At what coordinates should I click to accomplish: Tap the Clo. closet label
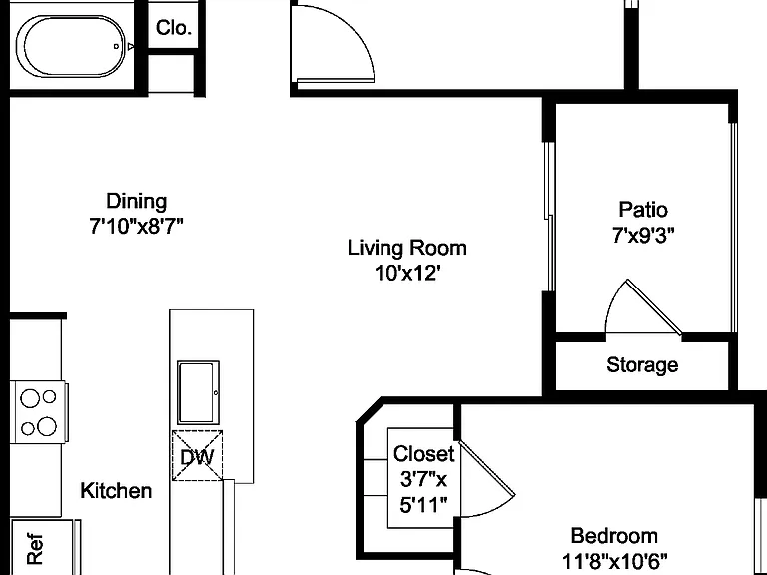tap(173, 28)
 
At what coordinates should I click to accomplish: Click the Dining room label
tap(137, 201)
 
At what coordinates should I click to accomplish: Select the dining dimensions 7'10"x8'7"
tap(136, 226)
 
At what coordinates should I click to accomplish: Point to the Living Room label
tap(407, 248)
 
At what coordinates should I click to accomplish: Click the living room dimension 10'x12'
tap(405, 273)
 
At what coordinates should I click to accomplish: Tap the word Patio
tap(643, 210)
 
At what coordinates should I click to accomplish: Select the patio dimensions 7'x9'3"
tap(643, 236)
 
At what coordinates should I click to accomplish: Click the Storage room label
tap(642, 365)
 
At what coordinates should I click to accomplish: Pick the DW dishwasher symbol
tap(197, 456)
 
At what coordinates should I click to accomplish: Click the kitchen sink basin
tap(198, 393)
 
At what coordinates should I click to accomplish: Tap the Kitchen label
tap(116, 490)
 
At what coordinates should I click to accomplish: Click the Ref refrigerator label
tap(35, 549)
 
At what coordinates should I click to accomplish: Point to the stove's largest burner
tap(47, 426)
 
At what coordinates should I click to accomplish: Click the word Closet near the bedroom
tap(423, 454)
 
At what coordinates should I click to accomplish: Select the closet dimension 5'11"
tap(423, 504)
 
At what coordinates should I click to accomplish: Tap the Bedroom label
tap(614, 536)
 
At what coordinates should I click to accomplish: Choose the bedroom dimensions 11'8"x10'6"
tap(614, 560)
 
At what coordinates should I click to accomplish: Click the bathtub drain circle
tap(116, 47)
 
